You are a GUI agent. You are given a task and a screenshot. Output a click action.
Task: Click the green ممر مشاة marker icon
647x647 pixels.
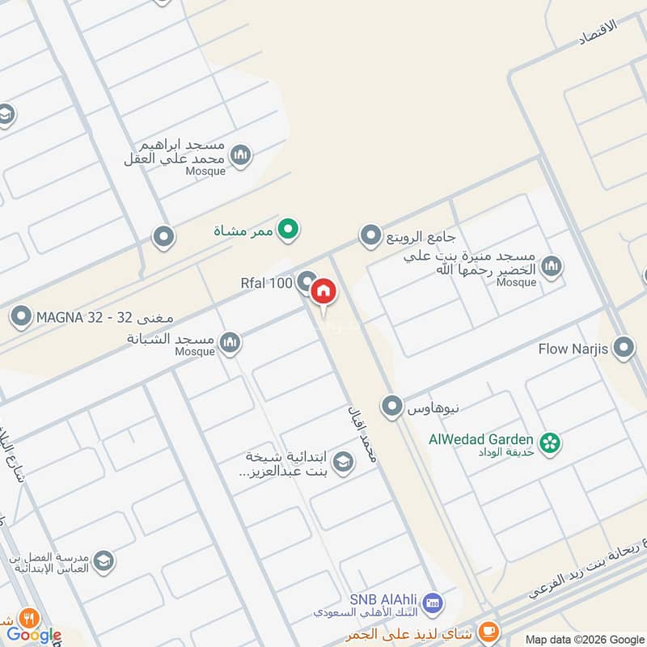tap(287, 231)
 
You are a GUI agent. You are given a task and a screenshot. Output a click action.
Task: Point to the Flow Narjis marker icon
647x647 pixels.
tap(624, 349)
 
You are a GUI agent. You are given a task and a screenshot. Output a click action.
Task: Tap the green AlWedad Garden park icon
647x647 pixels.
tap(551, 443)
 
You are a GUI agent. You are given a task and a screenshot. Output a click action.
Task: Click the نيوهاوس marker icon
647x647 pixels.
tap(392, 406)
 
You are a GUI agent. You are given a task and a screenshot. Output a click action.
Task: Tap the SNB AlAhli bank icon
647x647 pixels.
tap(433, 603)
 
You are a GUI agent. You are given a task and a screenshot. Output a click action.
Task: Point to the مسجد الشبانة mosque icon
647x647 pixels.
tap(230, 343)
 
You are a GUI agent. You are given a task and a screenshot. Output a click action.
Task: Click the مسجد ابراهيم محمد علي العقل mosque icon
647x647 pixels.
tap(240, 154)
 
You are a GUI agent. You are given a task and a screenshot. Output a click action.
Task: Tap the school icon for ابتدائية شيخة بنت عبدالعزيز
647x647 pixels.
tap(343, 463)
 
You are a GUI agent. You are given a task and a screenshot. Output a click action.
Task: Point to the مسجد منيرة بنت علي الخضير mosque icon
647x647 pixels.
tap(552, 265)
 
